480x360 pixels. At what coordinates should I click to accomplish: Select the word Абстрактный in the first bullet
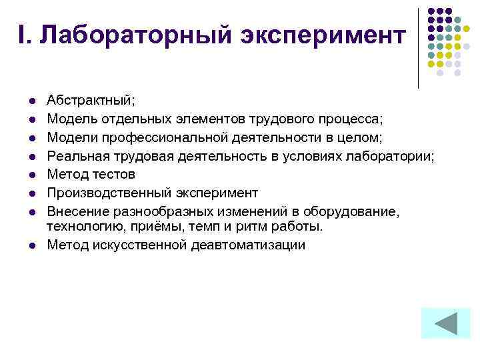click(x=89, y=101)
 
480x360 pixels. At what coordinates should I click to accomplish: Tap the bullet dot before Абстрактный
click(x=31, y=101)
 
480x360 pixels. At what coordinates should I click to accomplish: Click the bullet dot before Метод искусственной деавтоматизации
click(x=31, y=245)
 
